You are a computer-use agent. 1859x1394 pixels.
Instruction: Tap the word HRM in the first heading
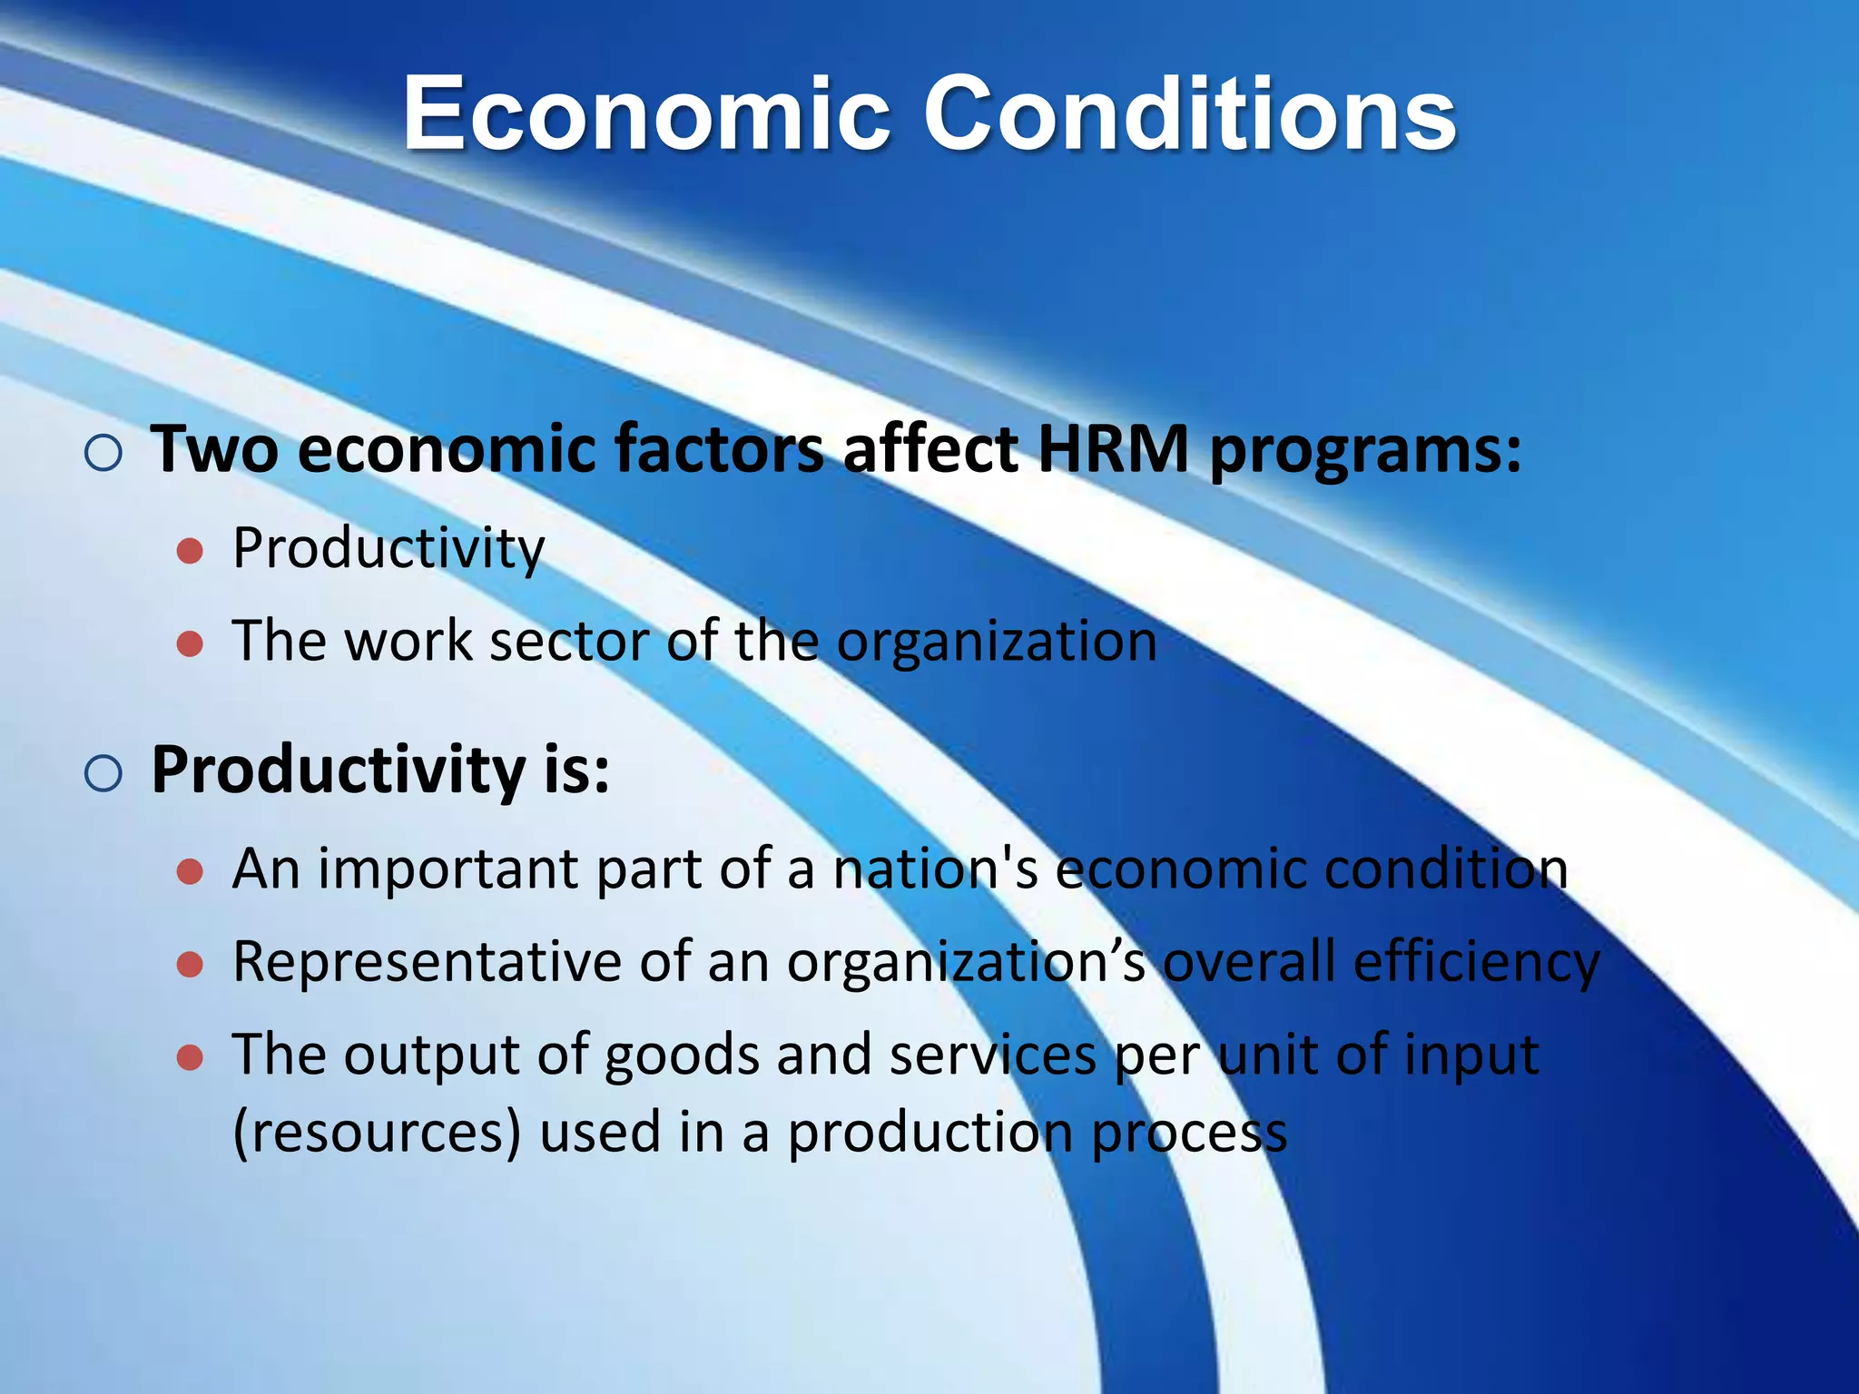click(x=1112, y=449)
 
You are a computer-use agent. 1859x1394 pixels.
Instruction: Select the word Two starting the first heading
click(x=214, y=449)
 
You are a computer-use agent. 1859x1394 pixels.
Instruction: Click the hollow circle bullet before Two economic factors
click(x=103, y=452)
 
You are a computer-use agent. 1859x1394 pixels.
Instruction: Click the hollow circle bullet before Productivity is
click(x=103, y=773)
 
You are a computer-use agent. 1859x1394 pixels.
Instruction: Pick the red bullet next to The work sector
click(x=190, y=644)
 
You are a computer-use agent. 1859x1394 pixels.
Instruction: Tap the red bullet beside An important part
click(x=190, y=872)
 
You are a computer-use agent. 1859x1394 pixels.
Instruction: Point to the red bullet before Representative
click(x=190, y=965)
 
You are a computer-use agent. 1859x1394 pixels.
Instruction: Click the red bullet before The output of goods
click(x=190, y=1057)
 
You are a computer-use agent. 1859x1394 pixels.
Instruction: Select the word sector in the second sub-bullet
click(x=569, y=641)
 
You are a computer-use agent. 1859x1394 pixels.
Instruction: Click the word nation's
click(x=936, y=869)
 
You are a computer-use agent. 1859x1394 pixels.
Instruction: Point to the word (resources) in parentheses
click(x=378, y=1133)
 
